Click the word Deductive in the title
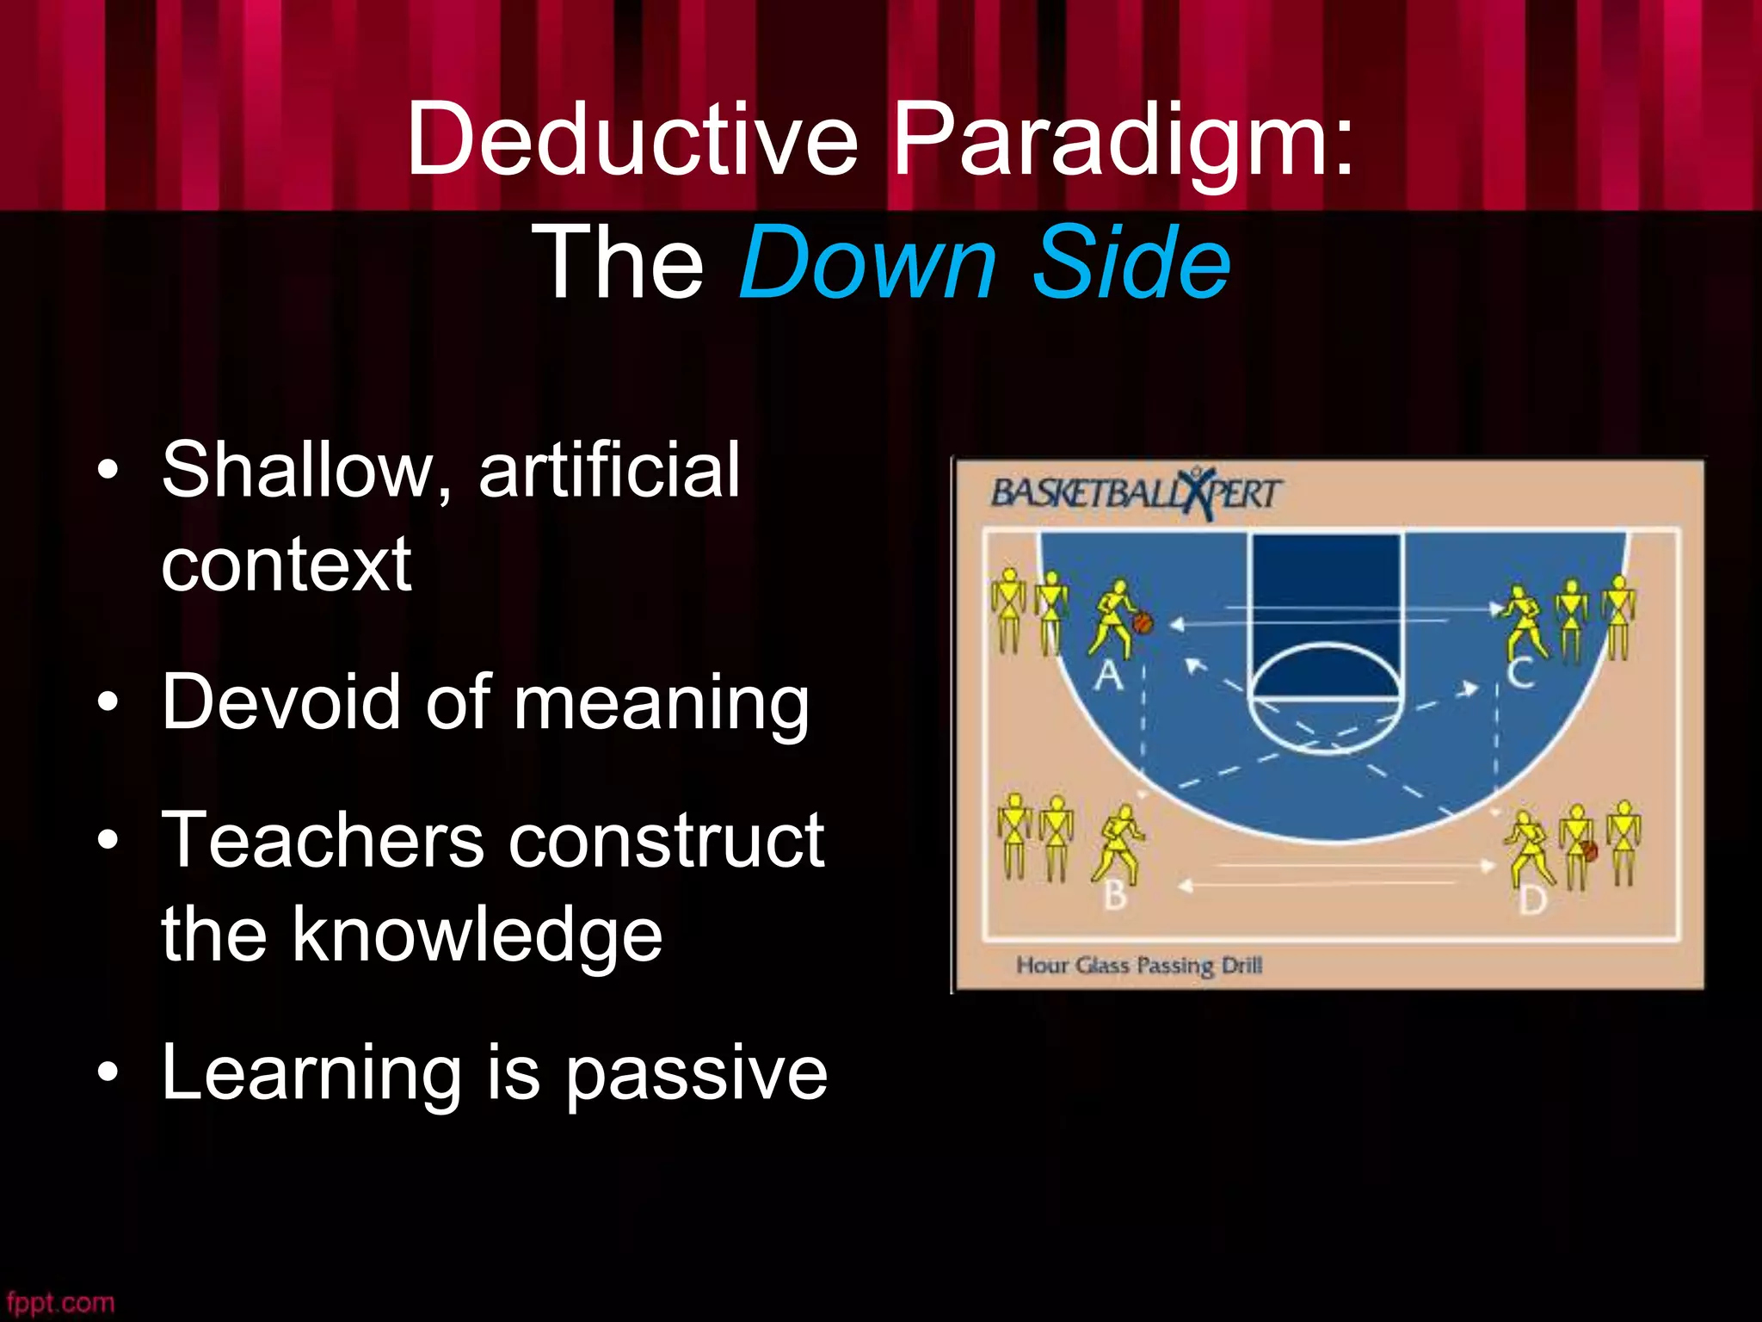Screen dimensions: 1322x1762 (x=632, y=138)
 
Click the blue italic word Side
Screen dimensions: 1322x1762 (x=1131, y=263)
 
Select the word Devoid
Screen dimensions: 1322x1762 (x=280, y=701)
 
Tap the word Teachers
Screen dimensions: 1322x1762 (x=323, y=841)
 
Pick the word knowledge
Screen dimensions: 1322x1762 (x=477, y=936)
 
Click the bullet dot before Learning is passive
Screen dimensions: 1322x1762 (x=108, y=1073)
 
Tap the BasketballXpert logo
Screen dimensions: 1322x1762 (x=1136, y=495)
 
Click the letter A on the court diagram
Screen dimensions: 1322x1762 (x=1109, y=676)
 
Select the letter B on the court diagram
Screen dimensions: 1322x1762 (x=1115, y=895)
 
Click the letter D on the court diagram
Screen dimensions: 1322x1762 (x=1532, y=900)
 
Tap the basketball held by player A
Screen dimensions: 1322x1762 (x=1143, y=623)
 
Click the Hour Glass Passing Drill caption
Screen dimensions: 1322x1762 (x=1139, y=966)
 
